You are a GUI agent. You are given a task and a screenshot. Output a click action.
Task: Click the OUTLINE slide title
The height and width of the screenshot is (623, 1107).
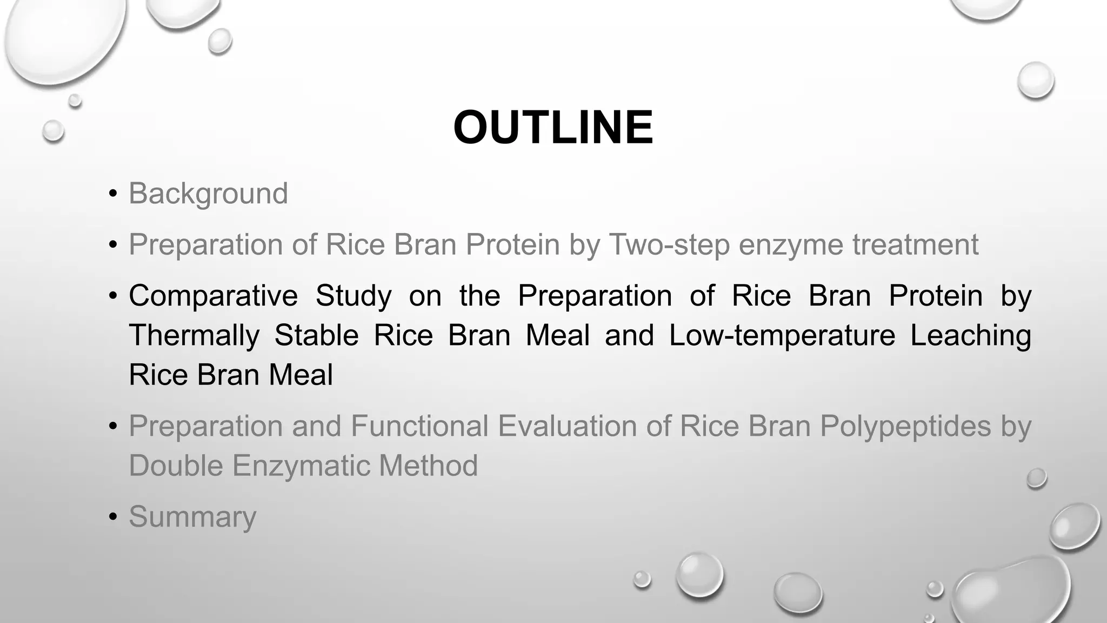tap(553, 128)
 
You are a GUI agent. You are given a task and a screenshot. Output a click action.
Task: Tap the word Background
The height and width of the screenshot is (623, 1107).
tap(208, 194)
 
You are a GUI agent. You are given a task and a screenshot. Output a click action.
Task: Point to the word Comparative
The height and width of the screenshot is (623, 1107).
tap(213, 296)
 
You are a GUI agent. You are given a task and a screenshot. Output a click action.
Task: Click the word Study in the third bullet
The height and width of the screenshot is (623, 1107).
tap(354, 296)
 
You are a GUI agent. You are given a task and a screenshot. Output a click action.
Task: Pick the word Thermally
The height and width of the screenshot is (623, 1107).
tap(194, 335)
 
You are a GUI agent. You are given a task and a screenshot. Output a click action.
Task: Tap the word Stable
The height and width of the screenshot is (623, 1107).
tap(316, 335)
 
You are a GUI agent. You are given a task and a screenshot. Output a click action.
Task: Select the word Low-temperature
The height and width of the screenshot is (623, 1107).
tap(782, 335)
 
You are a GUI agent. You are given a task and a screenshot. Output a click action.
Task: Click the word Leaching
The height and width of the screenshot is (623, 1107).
tap(970, 335)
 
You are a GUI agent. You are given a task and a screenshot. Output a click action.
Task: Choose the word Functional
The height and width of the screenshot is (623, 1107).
tap(419, 426)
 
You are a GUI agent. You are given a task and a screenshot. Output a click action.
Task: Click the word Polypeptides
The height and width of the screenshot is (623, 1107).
tap(905, 426)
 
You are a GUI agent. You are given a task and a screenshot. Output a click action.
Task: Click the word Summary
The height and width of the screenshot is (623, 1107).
tap(192, 517)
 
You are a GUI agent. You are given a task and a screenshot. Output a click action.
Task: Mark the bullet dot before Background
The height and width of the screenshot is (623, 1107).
tap(112, 194)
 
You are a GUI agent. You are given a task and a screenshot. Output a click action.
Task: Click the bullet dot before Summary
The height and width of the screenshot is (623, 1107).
tap(112, 517)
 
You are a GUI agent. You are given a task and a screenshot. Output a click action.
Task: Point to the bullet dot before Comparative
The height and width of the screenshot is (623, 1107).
tap(112, 296)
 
